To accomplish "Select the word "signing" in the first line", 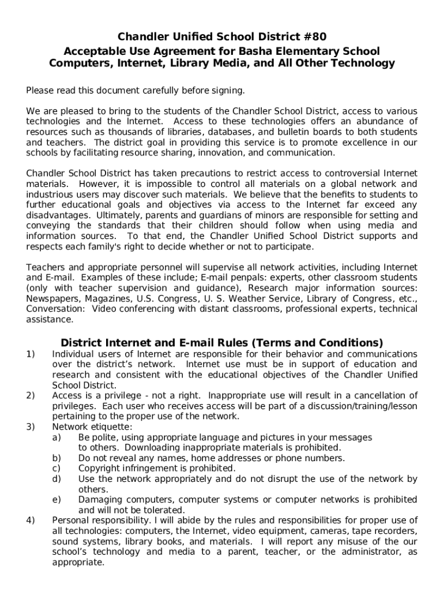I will pos(226,90).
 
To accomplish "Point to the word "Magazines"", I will pos(109,298).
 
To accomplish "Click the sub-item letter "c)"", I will pos(57,468).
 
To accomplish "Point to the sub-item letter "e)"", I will pos(57,499).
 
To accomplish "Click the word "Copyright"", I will pos(99,468).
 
